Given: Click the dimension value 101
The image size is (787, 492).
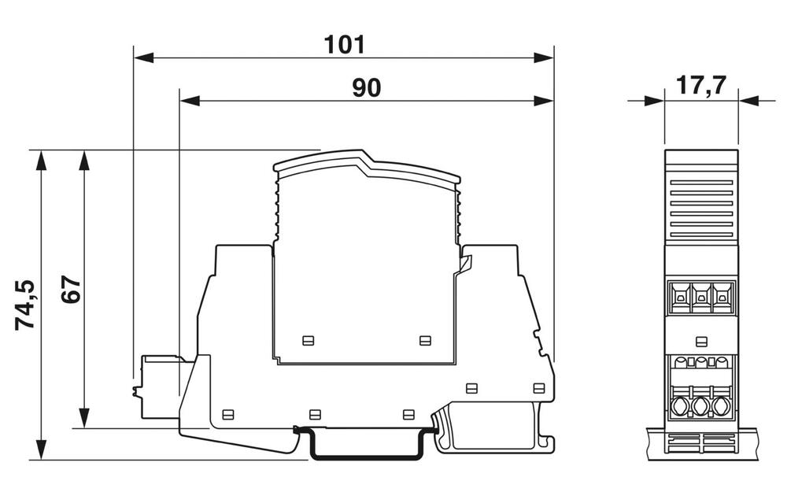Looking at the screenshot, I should (x=345, y=44).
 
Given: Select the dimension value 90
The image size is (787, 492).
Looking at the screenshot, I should (x=366, y=88).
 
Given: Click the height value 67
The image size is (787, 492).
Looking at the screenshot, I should (x=71, y=291).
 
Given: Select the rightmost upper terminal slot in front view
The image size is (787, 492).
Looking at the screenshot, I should (x=721, y=298).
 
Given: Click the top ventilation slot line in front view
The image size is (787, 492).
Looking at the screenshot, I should (x=701, y=183).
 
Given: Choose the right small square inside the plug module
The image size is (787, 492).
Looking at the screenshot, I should (x=425, y=340).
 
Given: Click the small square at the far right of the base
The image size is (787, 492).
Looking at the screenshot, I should (x=538, y=387).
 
